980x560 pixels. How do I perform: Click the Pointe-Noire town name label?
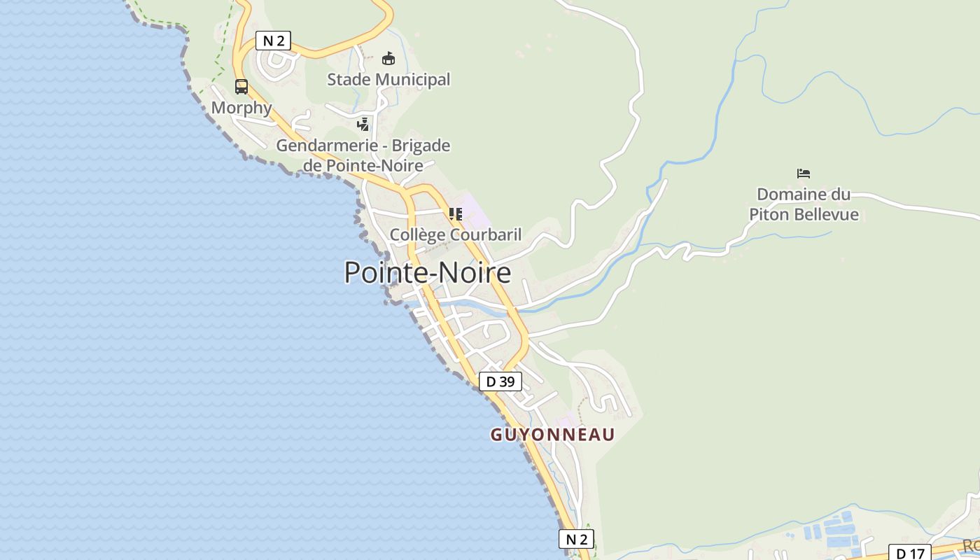pos(427,272)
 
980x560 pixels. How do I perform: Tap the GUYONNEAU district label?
pos(552,435)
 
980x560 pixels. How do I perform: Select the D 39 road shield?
pos(500,381)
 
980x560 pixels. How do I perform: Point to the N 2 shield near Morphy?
pos(273,41)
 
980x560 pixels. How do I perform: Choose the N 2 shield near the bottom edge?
pos(576,539)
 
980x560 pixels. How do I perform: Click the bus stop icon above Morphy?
pos(241,87)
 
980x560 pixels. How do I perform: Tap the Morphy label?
pos(241,108)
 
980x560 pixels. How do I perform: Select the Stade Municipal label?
pos(388,80)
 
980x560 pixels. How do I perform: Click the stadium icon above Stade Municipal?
pos(388,58)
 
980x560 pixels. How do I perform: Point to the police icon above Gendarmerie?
pos(363,125)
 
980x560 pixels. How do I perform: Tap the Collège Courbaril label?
pos(455,234)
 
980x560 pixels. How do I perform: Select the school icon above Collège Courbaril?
pos(455,213)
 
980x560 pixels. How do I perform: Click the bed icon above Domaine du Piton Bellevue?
pos(804,173)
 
